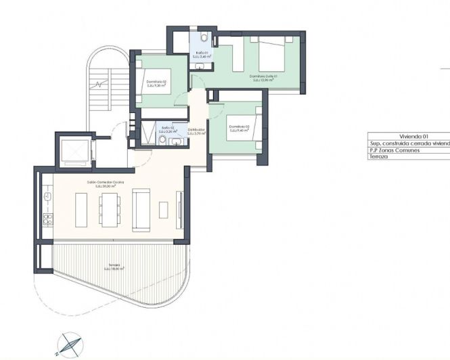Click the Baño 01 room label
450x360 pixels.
[201, 53]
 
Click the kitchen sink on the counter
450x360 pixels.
[47, 196]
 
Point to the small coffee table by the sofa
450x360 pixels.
[163, 210]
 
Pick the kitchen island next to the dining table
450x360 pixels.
[81, 211]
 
